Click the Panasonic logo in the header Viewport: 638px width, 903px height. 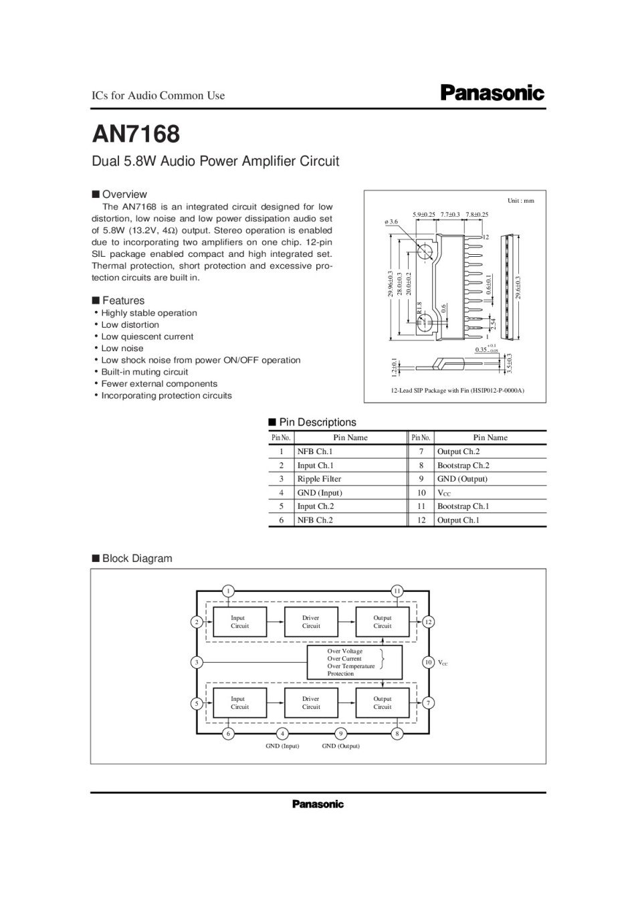tap(492, 93)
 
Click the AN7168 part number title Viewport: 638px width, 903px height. tap(136, 134)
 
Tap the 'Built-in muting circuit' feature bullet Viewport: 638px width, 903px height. tap(144, 372)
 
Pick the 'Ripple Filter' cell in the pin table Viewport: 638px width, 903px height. tap(319, 479)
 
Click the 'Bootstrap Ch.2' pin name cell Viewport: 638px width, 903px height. tap(463, 466)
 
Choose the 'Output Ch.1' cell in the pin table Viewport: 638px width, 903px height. tap(458, 520)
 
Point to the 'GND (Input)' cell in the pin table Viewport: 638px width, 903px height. tap(320, 493)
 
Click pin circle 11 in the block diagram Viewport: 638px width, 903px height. tap(397, 591)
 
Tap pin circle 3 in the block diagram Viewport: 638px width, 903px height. tap(197, 662)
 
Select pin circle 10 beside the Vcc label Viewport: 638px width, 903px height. tap(429, 662)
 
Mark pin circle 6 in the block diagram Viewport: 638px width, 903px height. tap(228, 733)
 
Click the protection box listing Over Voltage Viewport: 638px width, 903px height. tap(354, 662)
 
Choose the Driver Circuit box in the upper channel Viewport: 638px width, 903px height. tap(311, 622)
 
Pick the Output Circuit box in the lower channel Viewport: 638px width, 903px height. tap(383, 703)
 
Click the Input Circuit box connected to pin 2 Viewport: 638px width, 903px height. tap(239, 622)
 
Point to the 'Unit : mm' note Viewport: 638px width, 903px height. tap(521, 201)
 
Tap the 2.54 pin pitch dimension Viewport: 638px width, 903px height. tap(493, 322)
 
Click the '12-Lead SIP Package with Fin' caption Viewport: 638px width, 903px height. tap(457, 391)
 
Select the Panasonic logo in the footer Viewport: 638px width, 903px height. tap(318, 804)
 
